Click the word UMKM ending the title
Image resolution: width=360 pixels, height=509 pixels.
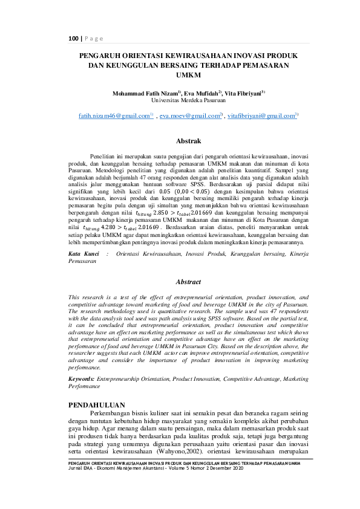coord(188,75)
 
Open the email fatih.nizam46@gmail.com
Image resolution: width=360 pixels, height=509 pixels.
coord(123,115)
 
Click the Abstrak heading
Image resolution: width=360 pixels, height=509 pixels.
coord(188,141)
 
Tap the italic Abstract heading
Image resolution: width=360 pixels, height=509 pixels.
coord(188,282)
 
